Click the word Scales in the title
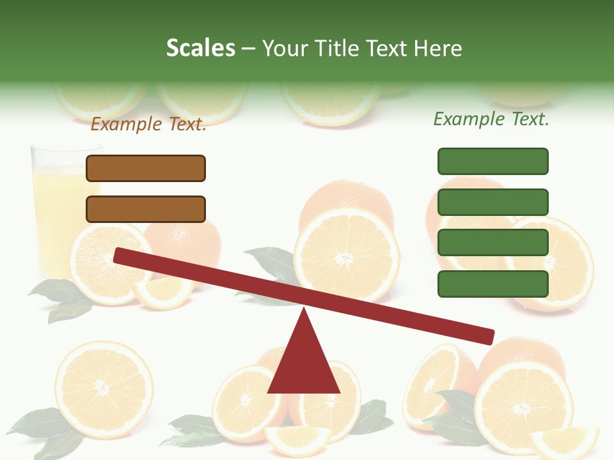click(x=200, y=48)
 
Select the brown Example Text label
click(x=148, y=124)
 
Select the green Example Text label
click(x=491, y=119)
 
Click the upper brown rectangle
click(x=146, y=168)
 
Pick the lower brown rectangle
click(x=146, y=209)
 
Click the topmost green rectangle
click(x=492, y=161)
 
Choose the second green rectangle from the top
click(x=492, y=202)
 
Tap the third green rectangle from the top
click(x=492, y=243)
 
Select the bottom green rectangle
click(x=492, y=284)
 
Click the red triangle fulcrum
click(x=304, y=364)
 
